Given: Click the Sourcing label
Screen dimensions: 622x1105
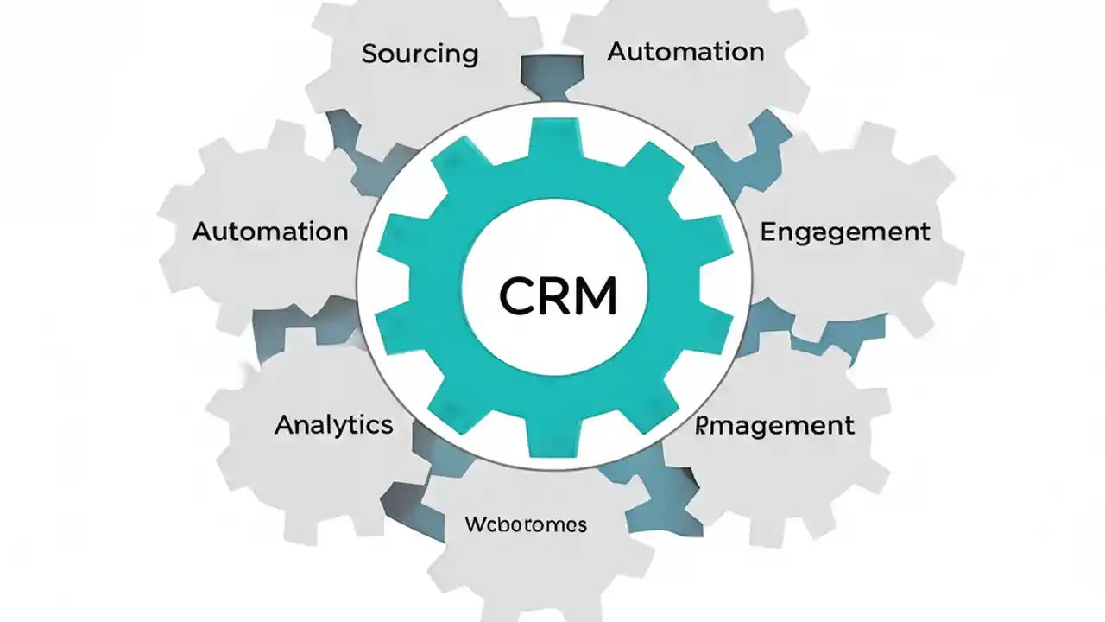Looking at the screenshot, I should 420,54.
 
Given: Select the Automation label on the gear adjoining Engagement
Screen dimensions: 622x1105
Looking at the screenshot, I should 685,52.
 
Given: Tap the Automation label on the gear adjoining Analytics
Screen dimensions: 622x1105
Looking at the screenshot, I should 270,232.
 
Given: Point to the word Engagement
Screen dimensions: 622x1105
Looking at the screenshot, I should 845,232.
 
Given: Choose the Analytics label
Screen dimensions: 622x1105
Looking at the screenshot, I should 334,424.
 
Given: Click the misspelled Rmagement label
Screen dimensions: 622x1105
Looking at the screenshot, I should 775,425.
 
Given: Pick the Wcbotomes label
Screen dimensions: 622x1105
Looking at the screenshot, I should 526,524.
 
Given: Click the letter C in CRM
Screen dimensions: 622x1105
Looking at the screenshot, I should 518,296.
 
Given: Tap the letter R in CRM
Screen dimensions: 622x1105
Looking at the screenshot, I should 559,296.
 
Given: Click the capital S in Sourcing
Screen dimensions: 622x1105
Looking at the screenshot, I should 369,54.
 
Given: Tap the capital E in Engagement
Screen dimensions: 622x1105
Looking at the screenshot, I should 768,232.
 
